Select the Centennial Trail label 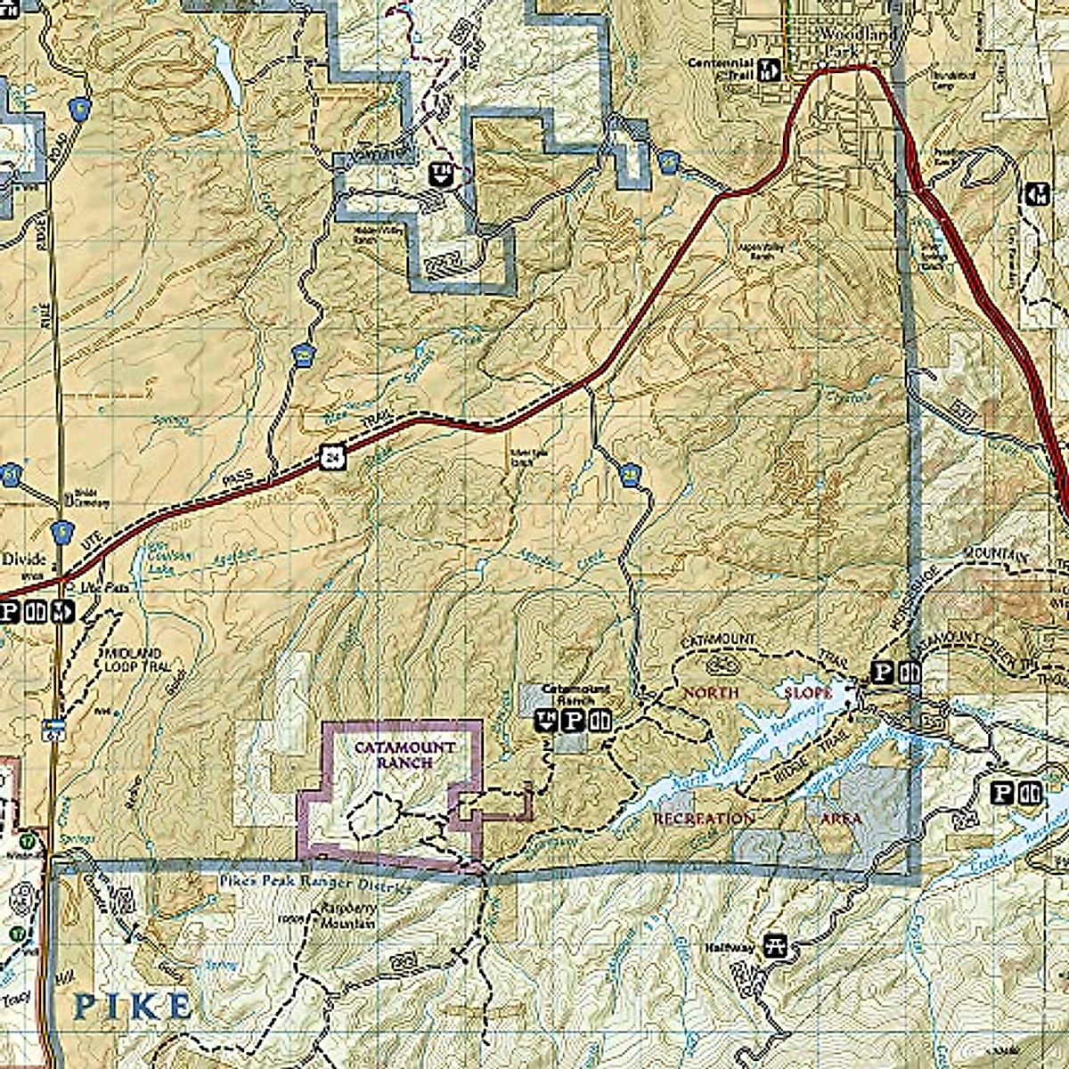pyautogui.click(x=722, y=69)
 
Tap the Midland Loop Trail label pyautogui.click(x=133, y=660)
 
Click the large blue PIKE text pyautogui.click(x=132, y=1007)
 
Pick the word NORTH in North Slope pyautogui.click(x=710, y=692)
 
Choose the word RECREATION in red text pyautogui.click(x=704, y=818)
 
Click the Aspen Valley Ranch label pyautogui.click(x=759, y=252)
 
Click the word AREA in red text pyautogui.click(x=840, y=818)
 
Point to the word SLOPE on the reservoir pyautogui.click(x=808, y=692)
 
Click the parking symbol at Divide pyautogui.click(x=11, y=612)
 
